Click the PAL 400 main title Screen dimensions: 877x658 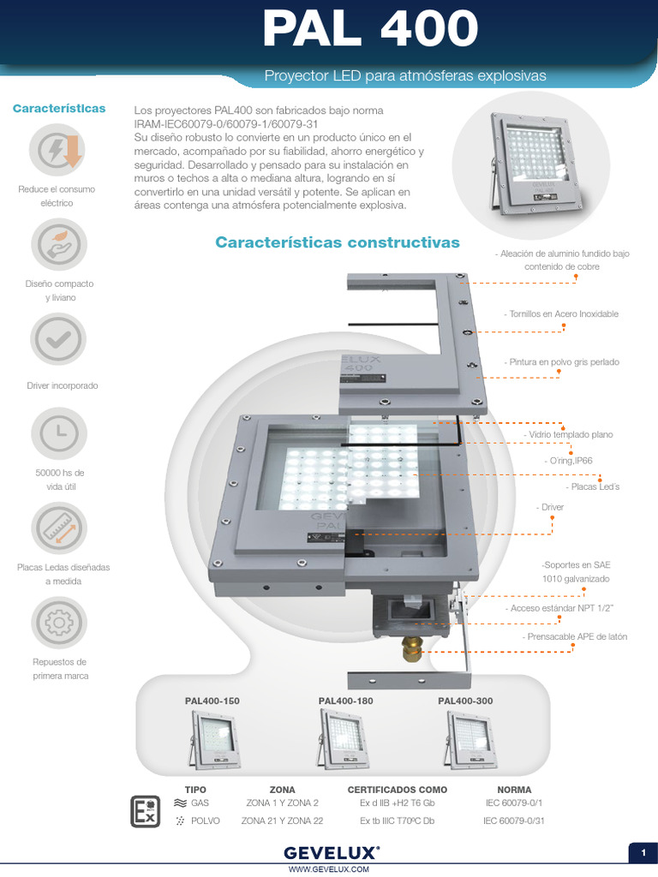[369, 30]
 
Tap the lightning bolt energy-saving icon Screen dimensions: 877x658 [58, 150]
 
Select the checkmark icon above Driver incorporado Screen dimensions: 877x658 [58, 340]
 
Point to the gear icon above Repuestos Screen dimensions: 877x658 [58, 623]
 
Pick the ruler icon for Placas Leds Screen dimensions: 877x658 [58, 528]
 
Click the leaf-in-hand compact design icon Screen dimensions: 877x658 [58, 245]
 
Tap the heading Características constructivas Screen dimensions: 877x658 [338, 242]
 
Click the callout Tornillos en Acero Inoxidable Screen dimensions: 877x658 [562, 314]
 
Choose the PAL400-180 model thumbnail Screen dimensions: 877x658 [344, 742]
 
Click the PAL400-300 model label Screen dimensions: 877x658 [465, 701]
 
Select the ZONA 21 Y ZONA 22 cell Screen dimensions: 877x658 [282, 820]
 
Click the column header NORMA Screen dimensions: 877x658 [514, 790]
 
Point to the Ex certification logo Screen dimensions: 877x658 [144, 811]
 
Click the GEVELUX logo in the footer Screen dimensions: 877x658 [332, 853]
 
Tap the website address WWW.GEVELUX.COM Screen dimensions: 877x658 [329, 869]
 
